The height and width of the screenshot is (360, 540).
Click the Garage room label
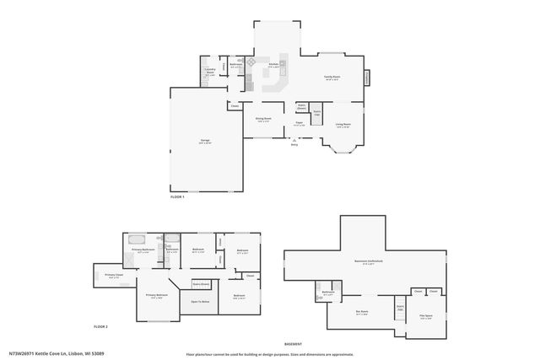(205, 141)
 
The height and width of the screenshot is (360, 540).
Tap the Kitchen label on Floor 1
(273, 65)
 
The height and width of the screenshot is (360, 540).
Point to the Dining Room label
(264, 119)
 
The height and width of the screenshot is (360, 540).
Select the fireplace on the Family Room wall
(367, 78)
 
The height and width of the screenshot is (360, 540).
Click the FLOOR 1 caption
(177, 196)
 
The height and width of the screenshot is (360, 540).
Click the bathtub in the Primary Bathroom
(137, 240)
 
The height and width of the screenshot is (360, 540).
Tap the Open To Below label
(200, 302)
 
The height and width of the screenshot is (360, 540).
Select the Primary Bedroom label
(156, 295)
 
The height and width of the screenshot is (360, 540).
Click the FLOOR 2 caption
(100, 326)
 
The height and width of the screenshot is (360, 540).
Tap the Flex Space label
(425, 317)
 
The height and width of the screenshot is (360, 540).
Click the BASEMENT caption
(293, 345)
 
